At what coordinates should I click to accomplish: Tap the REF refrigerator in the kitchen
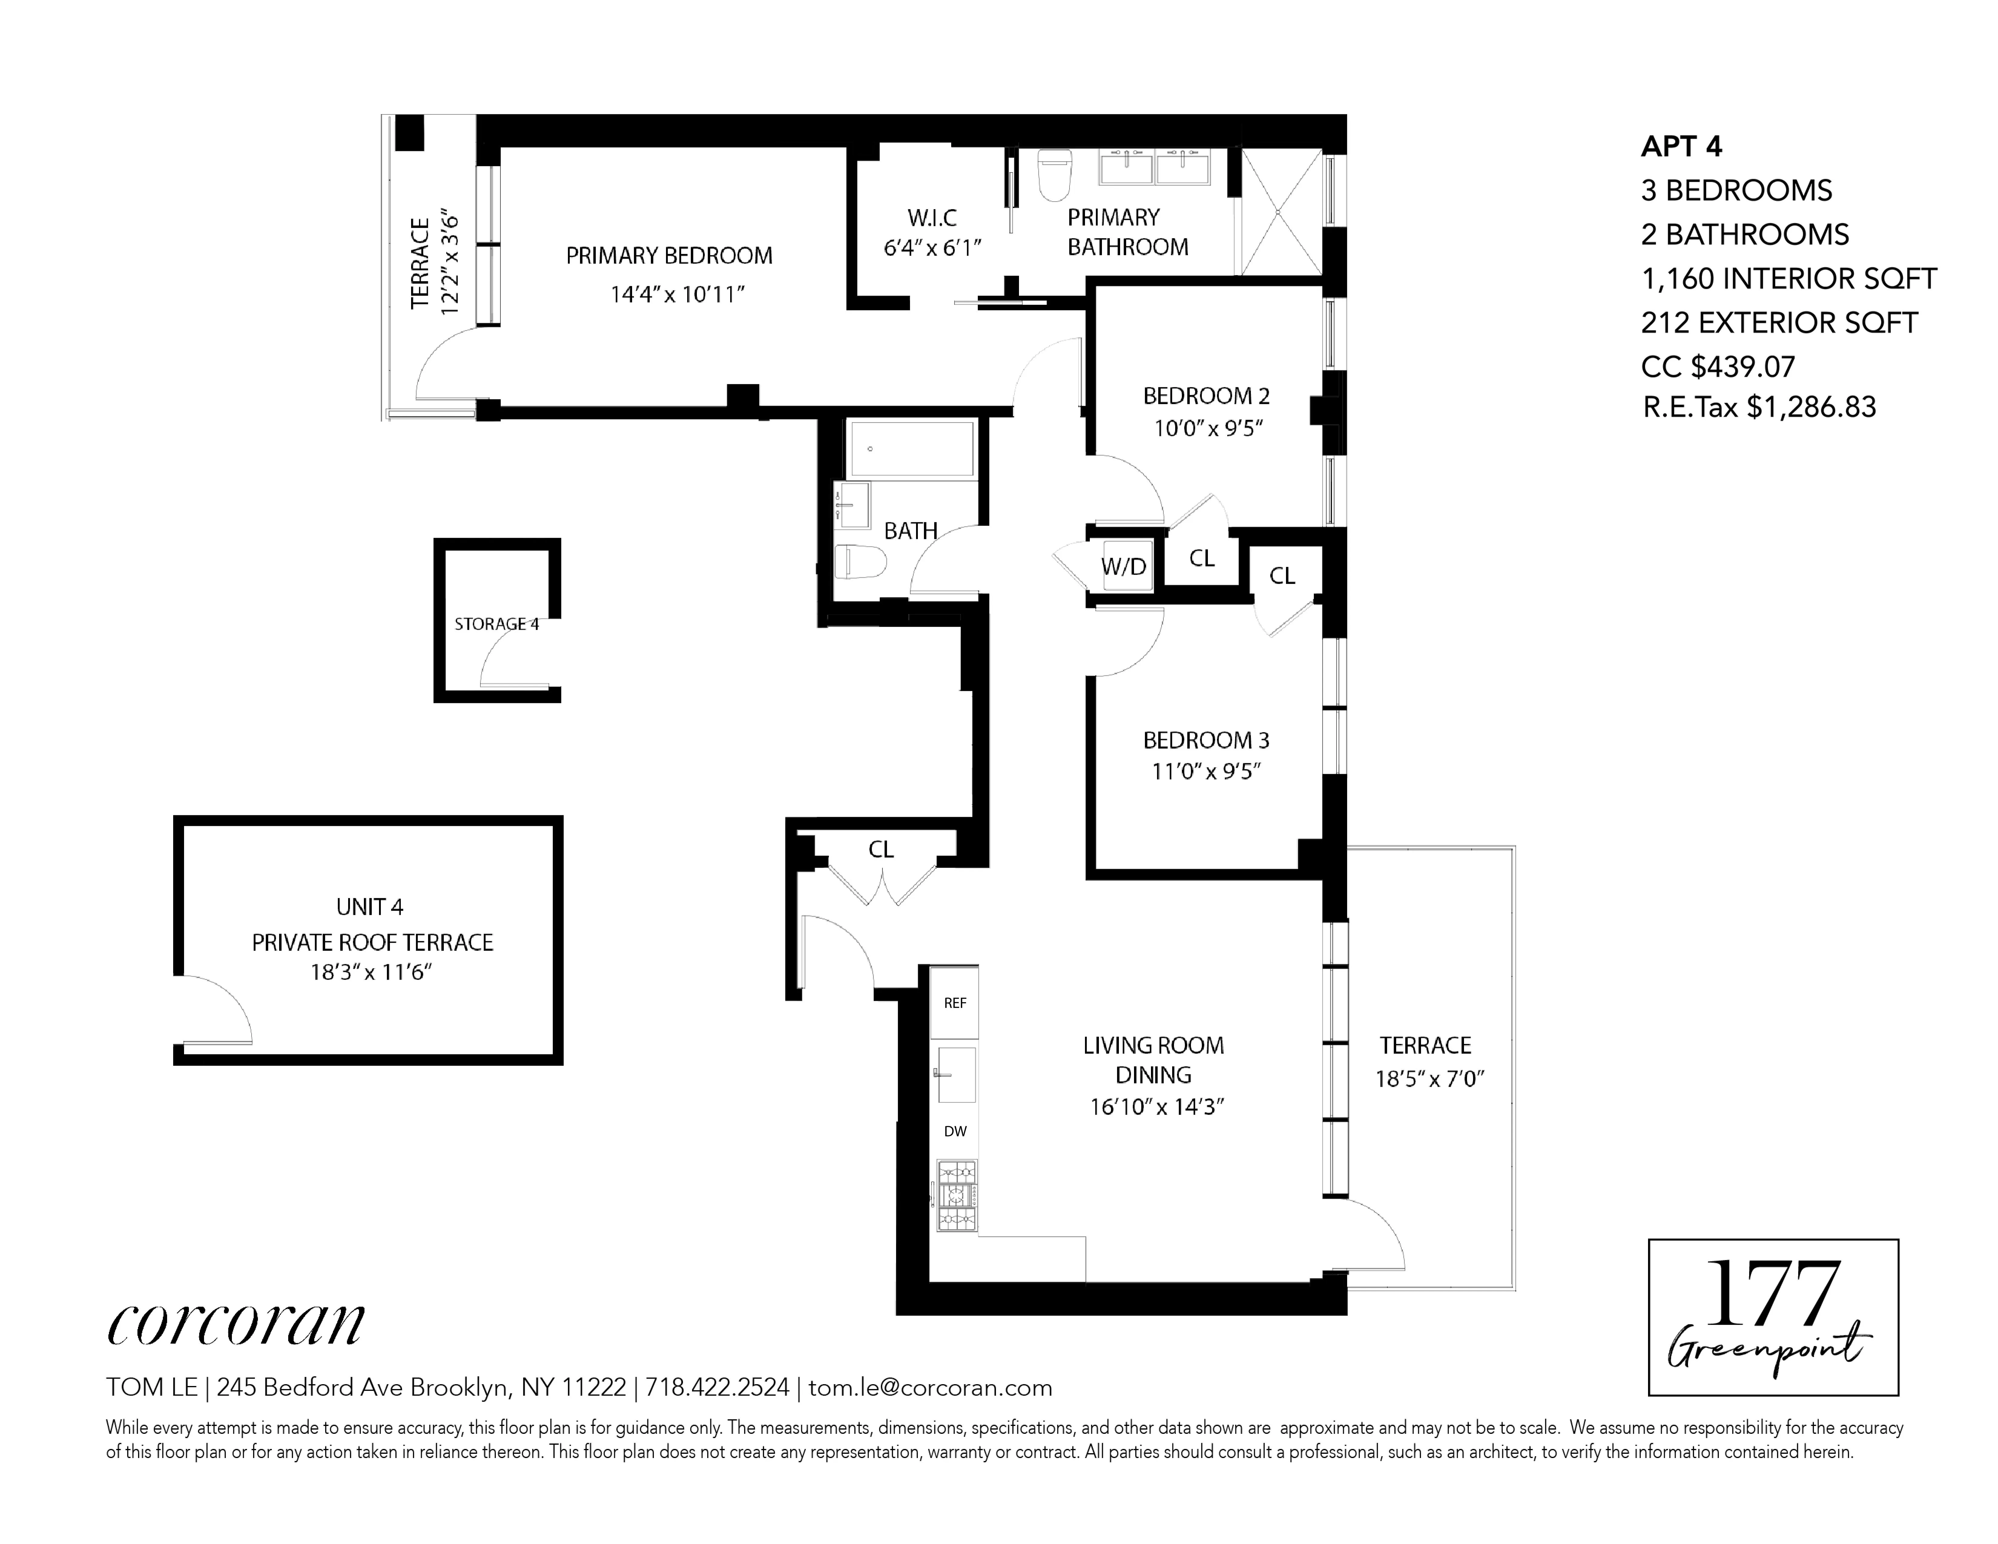(x=954, y=1002)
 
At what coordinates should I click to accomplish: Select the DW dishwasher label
(x=954, y=1131)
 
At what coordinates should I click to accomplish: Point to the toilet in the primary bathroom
(x=1055, y=177)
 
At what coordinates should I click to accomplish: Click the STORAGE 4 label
(x=496, y=624)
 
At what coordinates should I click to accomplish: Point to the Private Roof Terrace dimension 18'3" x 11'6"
(x=371, y=972)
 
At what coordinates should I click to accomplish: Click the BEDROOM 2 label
(x=1206, y=396)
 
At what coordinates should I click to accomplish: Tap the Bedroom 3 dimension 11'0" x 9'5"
(x=1206, y=771)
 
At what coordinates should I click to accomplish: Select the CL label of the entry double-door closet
(x=880, y=850)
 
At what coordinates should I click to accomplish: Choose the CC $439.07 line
(x=1717, y=367)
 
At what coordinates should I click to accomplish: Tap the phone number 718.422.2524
(x=717, y=1387)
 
